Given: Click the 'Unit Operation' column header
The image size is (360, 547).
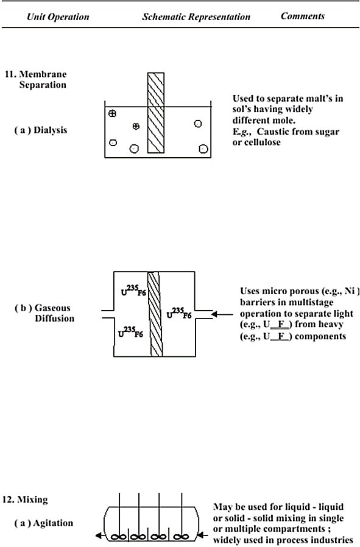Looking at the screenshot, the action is point(58,16).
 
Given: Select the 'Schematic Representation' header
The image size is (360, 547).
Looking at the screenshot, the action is point(196,16).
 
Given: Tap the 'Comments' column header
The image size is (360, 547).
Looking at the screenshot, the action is point(303,16).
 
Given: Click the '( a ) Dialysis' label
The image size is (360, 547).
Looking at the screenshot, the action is point(40,130).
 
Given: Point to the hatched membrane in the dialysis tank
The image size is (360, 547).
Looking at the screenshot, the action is point(155,113).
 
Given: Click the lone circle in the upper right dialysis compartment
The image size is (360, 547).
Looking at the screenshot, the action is point(198,124).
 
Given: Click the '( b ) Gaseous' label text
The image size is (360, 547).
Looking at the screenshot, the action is point(42,308).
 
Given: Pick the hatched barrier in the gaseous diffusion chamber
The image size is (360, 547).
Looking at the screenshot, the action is point(155,314).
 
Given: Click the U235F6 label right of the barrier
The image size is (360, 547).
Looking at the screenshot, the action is point(179,313).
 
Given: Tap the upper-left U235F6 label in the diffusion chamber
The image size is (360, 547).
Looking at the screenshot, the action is point(133,290).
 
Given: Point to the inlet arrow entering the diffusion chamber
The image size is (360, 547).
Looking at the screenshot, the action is point(222,314).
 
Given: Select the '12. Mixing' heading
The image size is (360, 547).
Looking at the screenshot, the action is point(25,499).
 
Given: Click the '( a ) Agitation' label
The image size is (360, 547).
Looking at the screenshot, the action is point(44,523).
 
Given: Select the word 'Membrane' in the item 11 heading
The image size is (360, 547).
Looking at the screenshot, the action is point(43,74).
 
